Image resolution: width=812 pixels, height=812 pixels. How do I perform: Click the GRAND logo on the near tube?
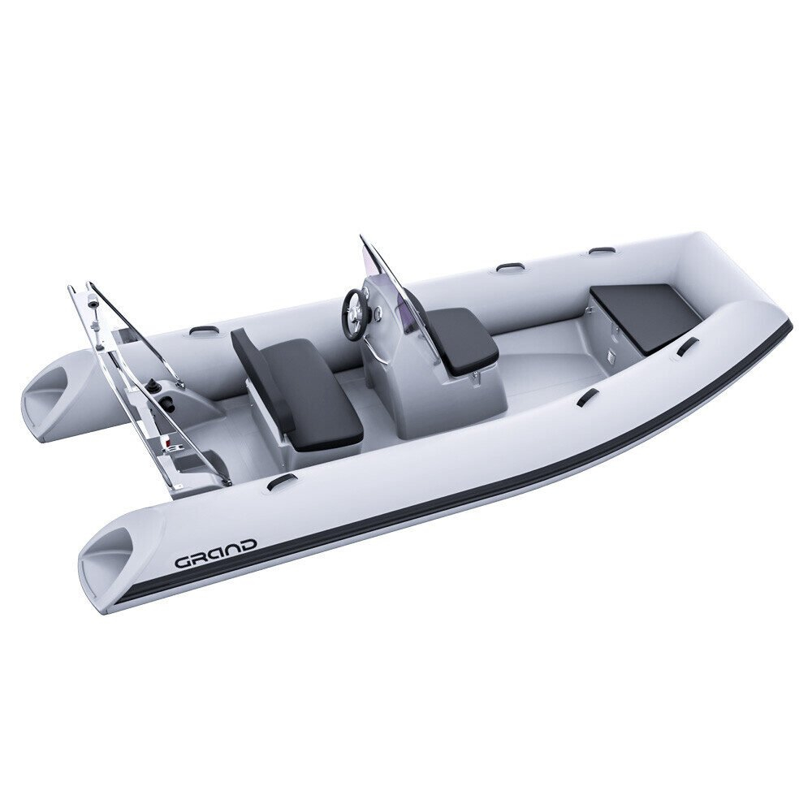coord(215,553)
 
